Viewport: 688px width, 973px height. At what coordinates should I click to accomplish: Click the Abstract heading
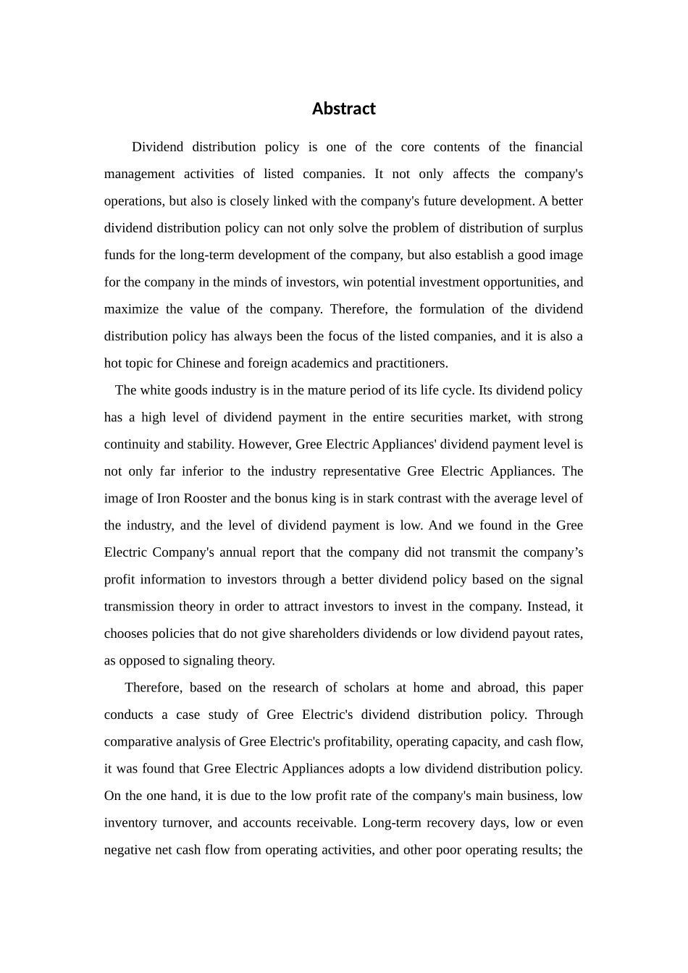(343, 109)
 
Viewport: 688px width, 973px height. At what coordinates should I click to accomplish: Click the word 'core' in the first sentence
(412, 147)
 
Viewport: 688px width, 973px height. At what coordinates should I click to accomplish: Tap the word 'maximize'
(131, 309)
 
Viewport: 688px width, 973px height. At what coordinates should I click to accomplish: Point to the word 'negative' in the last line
(127, 850)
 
